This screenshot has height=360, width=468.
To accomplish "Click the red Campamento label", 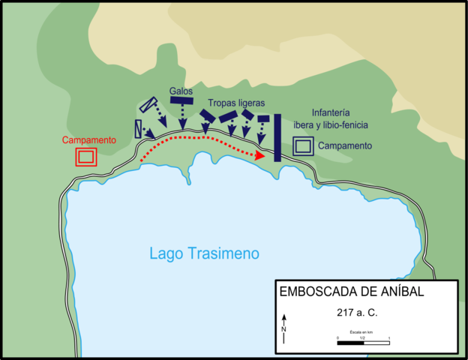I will click(88, 140).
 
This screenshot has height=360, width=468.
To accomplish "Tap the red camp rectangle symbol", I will click(85, 156).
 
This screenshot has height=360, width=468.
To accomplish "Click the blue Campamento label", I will click(344, 145).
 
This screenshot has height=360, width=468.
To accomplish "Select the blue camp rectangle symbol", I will click(302, 146).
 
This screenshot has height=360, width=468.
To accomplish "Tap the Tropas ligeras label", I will click(237, 103).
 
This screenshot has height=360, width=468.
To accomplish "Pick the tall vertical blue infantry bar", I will click(277, 138).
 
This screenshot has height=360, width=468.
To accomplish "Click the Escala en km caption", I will click(363, 331).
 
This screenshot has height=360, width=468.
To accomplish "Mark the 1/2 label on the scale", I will click(363, 338).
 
